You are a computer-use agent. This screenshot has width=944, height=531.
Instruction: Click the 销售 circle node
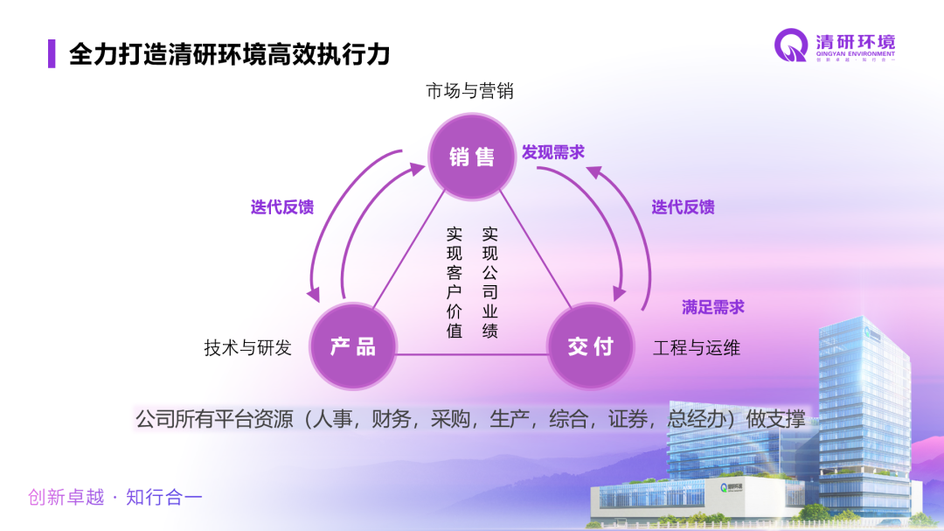click(x=471, y=157)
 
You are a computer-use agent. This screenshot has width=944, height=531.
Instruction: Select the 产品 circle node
click(x=353, y=346)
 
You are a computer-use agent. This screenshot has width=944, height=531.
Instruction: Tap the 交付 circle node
click(x=590, y=346)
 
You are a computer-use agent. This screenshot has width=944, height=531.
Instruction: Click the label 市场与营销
click(x=469, y=91)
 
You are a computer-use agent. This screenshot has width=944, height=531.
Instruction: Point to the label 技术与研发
click(x=247, y=347)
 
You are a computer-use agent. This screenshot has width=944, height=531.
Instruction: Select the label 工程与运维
click(x=697, y=347)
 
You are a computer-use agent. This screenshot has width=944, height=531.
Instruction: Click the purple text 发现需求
click(x=553, y=152)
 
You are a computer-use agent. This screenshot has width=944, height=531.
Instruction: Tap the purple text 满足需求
click(x=713, y=307)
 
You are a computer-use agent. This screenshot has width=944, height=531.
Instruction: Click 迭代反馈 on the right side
click(x=683, y=207)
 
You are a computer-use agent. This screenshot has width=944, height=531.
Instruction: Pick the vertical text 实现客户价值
click(x=455, y=283)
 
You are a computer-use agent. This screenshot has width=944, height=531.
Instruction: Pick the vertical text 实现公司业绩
click(x=490, y=283)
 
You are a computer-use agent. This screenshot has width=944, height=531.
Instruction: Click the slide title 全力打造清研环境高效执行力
click(x=229, y=54)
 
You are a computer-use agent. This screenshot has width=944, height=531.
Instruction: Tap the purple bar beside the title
click(x=52, y=54)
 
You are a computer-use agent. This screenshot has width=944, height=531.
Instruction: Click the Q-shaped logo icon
click(x=791, y=45)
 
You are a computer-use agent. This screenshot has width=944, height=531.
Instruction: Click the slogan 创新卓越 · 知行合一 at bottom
click(x=115, y=498)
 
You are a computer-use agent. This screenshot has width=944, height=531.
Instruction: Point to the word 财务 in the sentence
click(x=391, y=419)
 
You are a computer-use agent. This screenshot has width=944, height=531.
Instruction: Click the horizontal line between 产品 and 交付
click(x=472, y=354)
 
